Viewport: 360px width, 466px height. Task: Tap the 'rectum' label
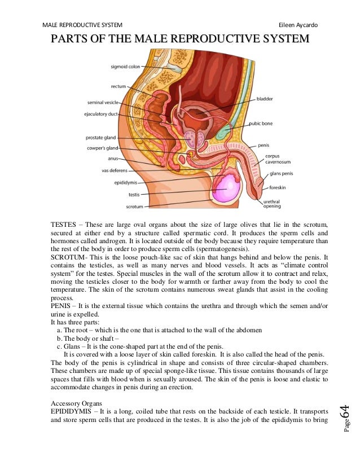118,86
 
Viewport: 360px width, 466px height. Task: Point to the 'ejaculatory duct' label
102,115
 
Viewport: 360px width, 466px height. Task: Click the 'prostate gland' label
100,137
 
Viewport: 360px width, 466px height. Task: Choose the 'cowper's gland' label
102,148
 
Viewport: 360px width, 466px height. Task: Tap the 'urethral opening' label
273,203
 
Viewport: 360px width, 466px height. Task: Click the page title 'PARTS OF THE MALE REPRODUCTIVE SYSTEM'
180,39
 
